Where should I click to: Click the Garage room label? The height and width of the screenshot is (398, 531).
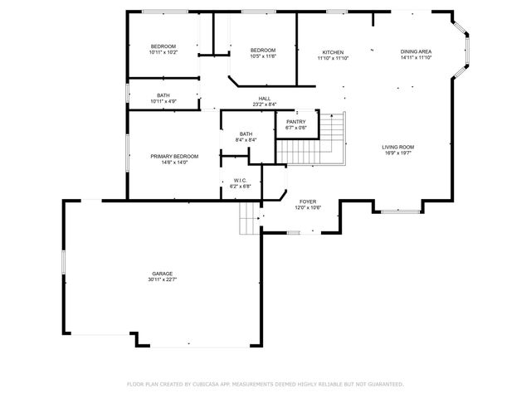(x=163, y=273)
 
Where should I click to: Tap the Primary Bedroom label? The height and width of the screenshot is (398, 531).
(x=174, y=156)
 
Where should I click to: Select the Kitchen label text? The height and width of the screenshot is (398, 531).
(x=334, y=52)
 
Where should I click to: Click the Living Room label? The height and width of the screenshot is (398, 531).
(x=397, y=147)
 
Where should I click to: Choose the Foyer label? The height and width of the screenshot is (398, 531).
(x=308, y=201)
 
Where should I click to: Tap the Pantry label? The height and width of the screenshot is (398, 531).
(x=296, y=122)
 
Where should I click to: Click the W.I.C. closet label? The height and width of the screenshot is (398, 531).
(x=241, y=181)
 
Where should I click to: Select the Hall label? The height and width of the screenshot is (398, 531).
(x=265, y=98)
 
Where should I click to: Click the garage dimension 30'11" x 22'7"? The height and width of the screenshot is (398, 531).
(x=163, y=279)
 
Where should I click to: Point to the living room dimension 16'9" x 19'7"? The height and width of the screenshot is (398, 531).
(x=397, y=153)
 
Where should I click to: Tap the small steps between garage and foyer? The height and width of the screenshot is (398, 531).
(x=250, y=220)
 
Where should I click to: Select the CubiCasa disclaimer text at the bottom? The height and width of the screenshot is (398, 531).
(x=265, y=384)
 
